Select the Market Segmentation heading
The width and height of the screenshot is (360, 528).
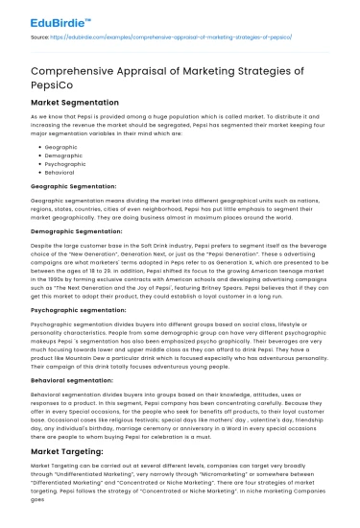75,100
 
